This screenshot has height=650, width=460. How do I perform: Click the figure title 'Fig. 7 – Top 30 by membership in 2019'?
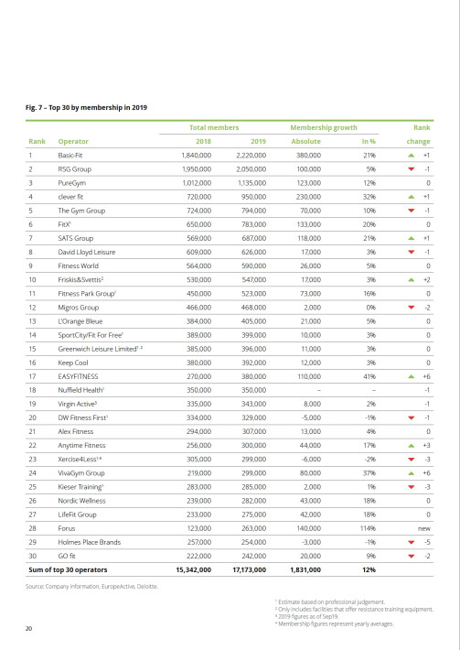pyautogui.click(x=86, y=108)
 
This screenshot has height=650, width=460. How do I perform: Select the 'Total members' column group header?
pyautogui.click(x=214, y=128)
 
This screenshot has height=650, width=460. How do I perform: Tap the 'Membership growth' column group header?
pyautogui.click(x=323, y=128)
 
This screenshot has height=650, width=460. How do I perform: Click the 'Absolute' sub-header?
pyautogui.click(x=305, y=142)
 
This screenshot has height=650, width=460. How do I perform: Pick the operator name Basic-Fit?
pyautogui.click(x=70, y=157)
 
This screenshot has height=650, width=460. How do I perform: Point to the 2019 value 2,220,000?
pyautogui.click(x=250, y=157)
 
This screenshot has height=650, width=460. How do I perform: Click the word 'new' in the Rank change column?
pyautogui.click(x=423, y=527)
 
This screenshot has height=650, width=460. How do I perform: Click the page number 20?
pyautogui.click(x=28, y=628)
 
